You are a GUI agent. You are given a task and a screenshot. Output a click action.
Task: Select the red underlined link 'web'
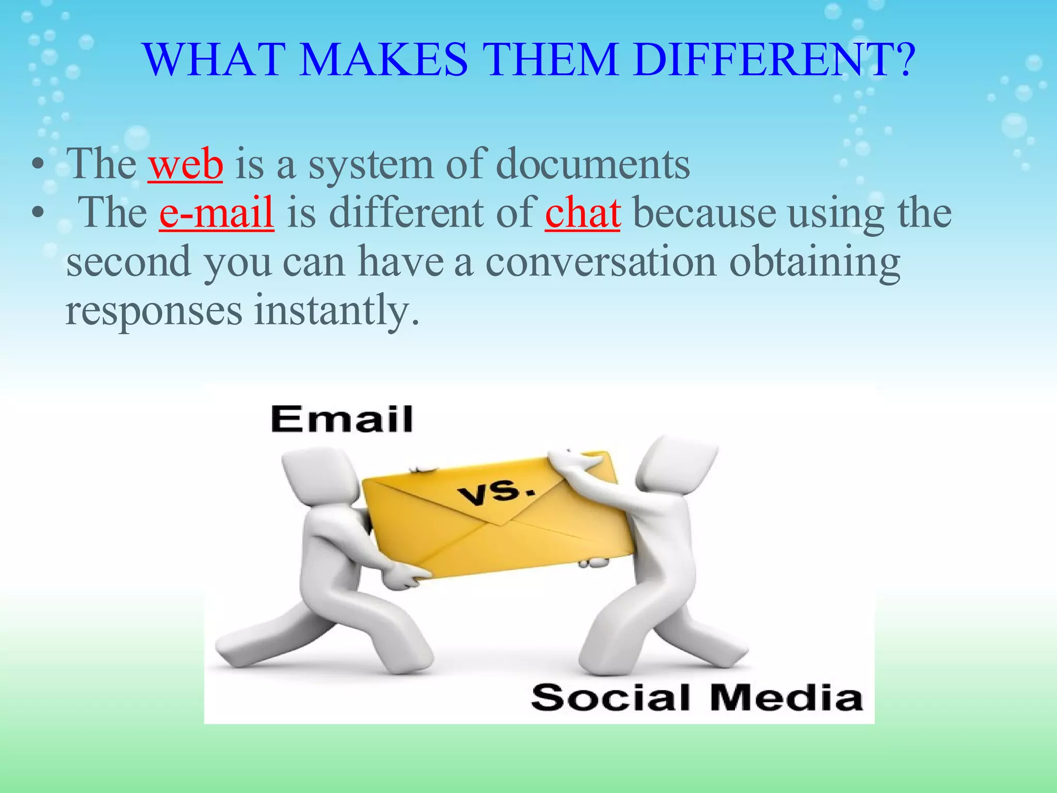tap(186, 164)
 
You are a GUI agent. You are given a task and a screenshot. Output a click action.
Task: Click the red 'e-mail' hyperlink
tap(216, 213)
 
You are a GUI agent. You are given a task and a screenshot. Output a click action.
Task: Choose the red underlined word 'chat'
tap(583, 213)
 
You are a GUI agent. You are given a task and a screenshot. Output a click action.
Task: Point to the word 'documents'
tap(593, 164)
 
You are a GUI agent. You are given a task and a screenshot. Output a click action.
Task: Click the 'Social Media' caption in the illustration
tap(696, 697)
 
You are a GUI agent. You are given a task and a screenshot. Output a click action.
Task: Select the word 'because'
tap(704, 213)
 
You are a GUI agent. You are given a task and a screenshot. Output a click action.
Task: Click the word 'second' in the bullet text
tap(129, 262)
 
